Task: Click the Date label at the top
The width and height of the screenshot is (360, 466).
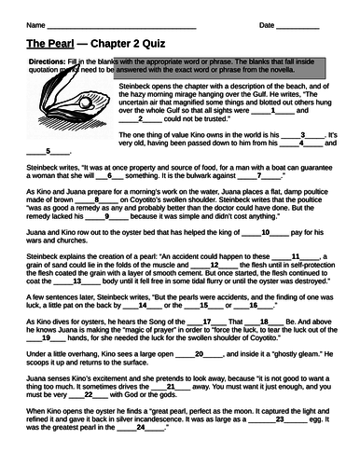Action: tap(270, 25)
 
